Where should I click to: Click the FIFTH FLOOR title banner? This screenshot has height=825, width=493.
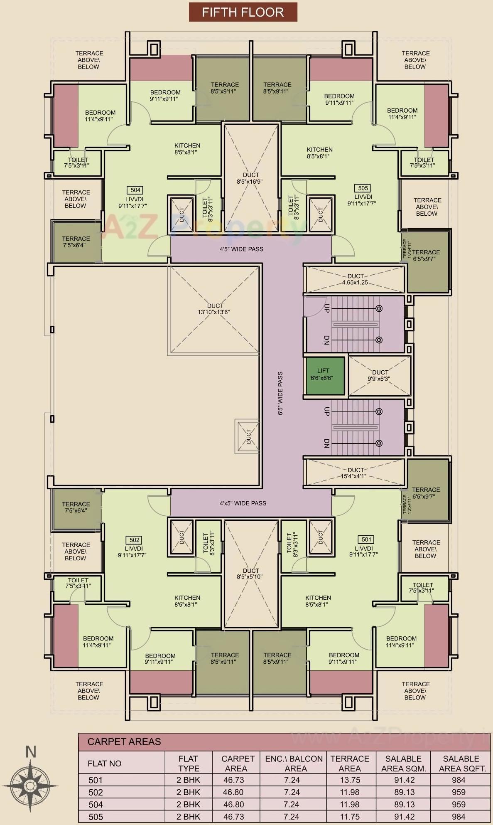[243, 12]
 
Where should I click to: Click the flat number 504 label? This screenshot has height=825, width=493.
[135, 190]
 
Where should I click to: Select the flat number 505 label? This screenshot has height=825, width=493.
[363, 188]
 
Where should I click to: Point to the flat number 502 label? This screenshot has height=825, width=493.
[135, 540]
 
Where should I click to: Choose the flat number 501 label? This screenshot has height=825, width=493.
[366, 539]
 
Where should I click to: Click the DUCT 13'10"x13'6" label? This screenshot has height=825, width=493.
[214, 309]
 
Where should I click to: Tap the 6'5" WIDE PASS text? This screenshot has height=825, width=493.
[280, 393]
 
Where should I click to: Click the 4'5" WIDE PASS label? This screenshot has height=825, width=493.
[241, 249]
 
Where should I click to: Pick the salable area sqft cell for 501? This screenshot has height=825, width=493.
[459, 780]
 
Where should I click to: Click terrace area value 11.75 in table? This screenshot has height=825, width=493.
[350, 817]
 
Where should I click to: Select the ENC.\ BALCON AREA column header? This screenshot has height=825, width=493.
[294, 763]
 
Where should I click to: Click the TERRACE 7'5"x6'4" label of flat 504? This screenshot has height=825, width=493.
[76, 242]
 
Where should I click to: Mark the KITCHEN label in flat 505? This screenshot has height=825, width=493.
[319, 153]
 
